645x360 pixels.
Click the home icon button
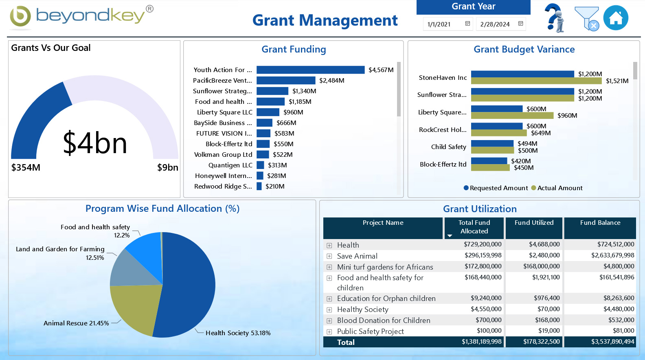point(615,18)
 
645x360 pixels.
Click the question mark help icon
point(555,18)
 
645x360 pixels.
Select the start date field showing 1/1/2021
point(440,24)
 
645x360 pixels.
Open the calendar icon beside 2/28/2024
point(520,24)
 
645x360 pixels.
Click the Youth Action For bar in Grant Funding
point(310,70)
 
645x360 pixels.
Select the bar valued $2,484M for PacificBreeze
point(286,81)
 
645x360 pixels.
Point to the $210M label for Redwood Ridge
point(275,187)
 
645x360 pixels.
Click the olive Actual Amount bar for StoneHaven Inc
point(536,81)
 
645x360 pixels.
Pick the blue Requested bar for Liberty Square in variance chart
point(496,109)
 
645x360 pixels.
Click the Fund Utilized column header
point(534,223)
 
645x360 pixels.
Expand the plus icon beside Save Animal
point(329,256)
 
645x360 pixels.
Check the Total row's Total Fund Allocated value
point(481,342)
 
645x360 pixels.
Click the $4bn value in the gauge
point(95,143)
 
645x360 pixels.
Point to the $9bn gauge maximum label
point(167,167)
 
